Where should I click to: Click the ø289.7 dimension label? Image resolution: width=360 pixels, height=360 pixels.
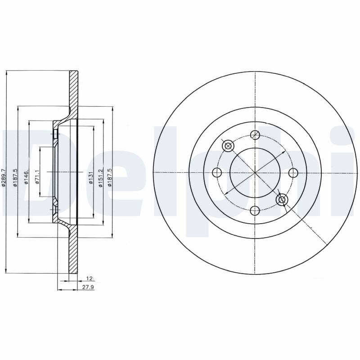tap(3, 177)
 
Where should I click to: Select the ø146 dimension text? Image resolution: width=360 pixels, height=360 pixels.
tap(26, 177)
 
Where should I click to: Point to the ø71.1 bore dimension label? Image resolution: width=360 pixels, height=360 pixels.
tap(37, 177)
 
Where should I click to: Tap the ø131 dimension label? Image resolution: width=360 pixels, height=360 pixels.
tap(91, 178)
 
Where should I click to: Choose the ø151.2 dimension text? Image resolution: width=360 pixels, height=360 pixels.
tap(100, 178)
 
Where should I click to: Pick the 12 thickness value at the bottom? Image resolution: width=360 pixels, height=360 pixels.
tap(90, 279)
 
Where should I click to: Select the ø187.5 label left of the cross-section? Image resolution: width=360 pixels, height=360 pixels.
tap(15, 177)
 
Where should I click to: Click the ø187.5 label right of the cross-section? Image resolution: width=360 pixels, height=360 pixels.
tap(109, 177)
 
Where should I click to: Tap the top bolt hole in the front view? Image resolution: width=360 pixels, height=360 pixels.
tap(255, 135)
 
